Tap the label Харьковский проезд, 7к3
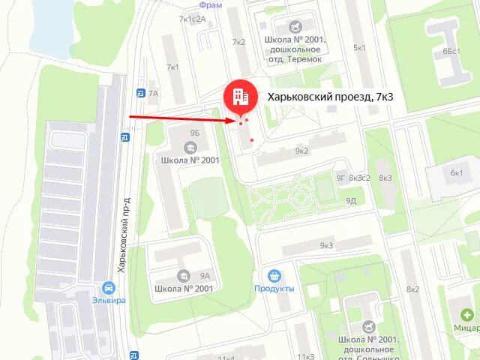(331, 97)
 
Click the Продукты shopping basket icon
(274, 275)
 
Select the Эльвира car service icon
(109, 287)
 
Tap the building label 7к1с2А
(192, 19)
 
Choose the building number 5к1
(360, 48)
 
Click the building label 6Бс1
(451, 51)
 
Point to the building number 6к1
(457, 172)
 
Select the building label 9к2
(301, 151)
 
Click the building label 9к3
(326, 245)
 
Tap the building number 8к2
(413, 289)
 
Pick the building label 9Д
(351, 201)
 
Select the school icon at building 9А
(183, 276)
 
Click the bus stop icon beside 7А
(140, 93)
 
